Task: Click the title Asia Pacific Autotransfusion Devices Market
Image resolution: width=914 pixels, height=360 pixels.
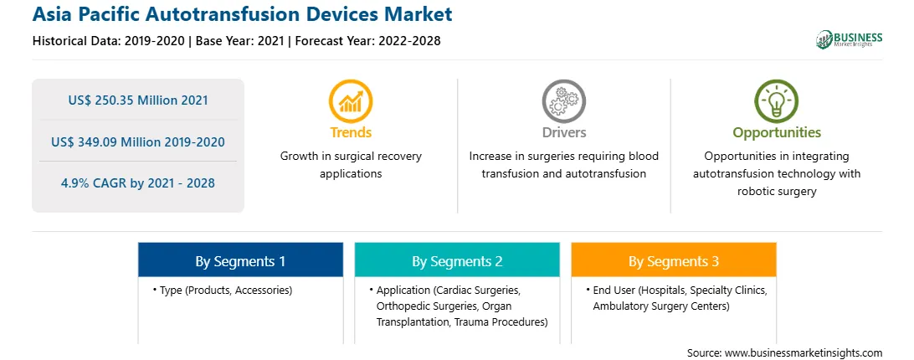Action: pos(243,14)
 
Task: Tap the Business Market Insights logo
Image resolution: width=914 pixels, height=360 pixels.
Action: pos(849,39)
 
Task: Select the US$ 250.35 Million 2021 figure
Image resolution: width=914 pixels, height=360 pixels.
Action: pos(138,100)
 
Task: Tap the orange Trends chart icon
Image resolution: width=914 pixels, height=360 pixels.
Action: pos(351,101)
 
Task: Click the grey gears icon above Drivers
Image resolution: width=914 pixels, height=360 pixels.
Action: pos(563,101)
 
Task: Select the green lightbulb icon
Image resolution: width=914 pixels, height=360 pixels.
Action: pos(777,101)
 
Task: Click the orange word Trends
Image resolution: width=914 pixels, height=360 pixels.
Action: pos(351,132)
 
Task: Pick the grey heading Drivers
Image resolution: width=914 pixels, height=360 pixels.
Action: pos(564,132)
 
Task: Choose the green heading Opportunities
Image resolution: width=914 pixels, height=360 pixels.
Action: pos(777,133)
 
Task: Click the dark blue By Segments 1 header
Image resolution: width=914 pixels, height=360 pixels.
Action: pos(240,260)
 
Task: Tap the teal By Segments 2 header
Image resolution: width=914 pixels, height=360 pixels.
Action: pos(457,260)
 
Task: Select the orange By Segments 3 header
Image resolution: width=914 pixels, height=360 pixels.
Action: pos(674,260)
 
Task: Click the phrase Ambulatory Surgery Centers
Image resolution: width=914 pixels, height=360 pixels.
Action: pos(661,306)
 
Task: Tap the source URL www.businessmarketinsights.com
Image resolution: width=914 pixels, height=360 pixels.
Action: pos(804,352)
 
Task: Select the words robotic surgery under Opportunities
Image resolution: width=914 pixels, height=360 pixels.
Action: pos(777,190)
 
